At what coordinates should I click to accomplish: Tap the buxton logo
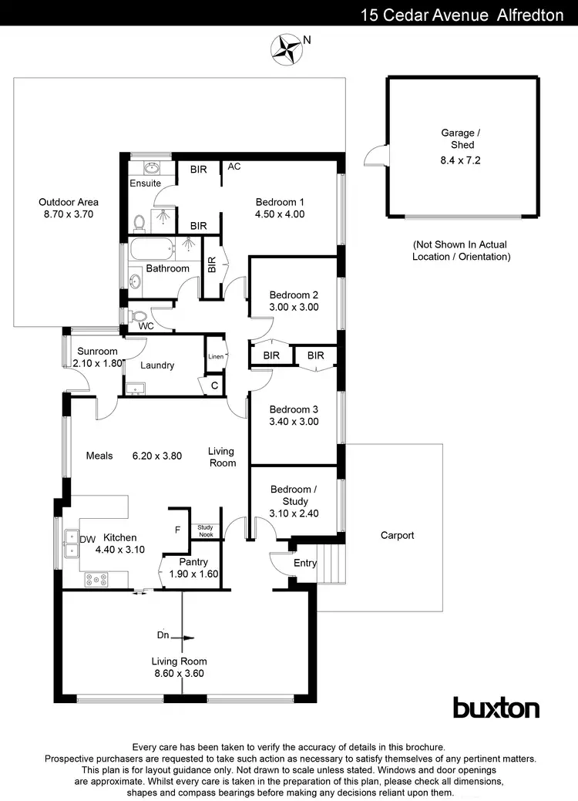pyautogui.click(x=496, y=707)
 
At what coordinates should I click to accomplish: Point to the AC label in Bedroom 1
pyautogui.click(x=235, y=167)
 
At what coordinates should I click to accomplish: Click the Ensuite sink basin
pyautogui.click(x=150, y=167)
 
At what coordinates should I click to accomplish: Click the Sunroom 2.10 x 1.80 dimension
pyautogui.click(x=97, y=362)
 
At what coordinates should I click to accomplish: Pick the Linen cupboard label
pyautogui.click(x=216, y=357)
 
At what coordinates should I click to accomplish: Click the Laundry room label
pyautogui.click(x=157, y=365)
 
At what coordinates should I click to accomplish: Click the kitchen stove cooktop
pyautogui.click(x=97, y=578)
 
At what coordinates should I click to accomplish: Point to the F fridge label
pyautogui.click(x=178, y=530)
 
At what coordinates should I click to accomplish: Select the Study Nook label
pyautogui.click(x=205, y=530)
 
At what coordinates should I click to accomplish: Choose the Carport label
pyautogui.click(x=397, y=535)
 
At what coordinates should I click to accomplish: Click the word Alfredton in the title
pyautogui.click(x=527, y=15)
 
